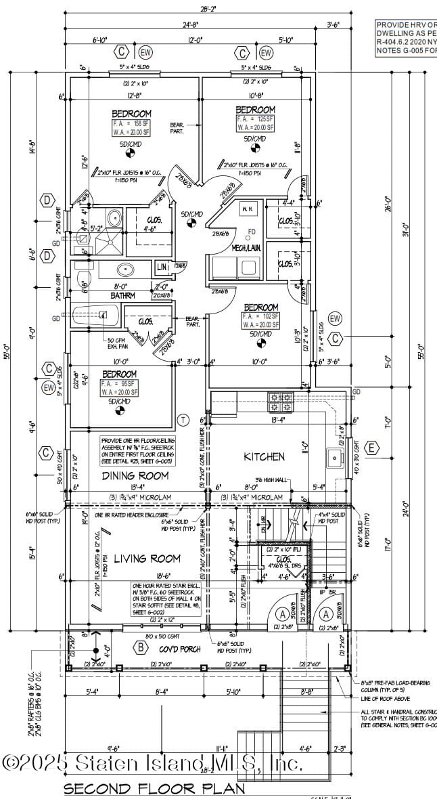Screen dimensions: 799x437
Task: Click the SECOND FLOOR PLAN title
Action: (154, 788)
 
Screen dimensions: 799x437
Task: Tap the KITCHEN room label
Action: (264, 457)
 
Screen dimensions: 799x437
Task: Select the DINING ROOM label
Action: (135, 476)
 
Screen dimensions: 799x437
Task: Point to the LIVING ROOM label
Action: (147, 559)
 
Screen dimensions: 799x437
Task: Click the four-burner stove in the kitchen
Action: (283, 403)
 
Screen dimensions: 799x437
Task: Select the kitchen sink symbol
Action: (336, 459)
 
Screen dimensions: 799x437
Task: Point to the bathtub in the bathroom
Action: (95, 316)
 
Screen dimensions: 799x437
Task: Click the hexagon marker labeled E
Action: (372, 448)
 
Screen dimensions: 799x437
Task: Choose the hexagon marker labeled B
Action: (141, 648)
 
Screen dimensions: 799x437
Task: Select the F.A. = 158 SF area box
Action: (132, 128)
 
